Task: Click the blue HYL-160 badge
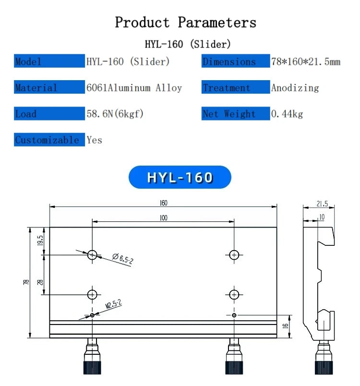tap(180, 177)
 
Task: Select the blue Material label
tap(49, 87)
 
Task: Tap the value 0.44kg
tap(287, 114)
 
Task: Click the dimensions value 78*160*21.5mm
tap(306, 61)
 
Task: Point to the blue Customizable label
tap(49, 140)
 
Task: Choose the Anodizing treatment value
tap(295, 88)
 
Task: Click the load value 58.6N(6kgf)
tap(115, 114)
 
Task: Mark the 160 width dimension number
tap(163, 203)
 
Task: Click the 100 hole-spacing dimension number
tap(163, 218)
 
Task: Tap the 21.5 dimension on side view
tap(322, 204)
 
